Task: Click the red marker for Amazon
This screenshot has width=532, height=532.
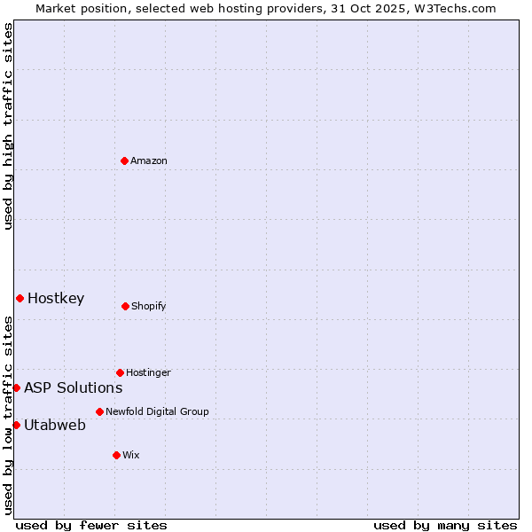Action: pos(124,160)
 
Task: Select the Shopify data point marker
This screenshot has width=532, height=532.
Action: pos(125,306)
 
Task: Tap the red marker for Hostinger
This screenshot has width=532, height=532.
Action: pos(120,372)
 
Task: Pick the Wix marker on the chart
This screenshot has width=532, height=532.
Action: pos(116,455)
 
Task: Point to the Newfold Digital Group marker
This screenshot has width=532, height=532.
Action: pos(99,411)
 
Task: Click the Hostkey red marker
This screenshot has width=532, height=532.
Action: pos(20,298)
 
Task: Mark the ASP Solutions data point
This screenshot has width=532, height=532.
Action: pos(16,387)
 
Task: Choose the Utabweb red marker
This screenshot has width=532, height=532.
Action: pos(16,425)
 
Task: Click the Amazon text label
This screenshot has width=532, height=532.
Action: pos(149,160)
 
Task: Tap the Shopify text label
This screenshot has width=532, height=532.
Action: pos(149,306)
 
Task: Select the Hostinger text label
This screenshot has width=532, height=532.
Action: pos(148,372)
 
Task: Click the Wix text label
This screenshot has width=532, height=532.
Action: pos(131,455)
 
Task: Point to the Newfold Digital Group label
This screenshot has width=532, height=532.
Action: pos(157,411)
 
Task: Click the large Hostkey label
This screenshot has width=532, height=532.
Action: pos(56,298)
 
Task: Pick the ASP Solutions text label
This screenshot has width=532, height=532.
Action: pos(73,387)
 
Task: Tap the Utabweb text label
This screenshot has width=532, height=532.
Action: pos(55,425)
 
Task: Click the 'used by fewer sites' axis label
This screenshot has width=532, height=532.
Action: pos(91,525)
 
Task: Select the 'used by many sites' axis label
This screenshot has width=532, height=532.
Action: pos(445,525)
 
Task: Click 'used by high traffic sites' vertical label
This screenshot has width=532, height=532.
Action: pos(8,126)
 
